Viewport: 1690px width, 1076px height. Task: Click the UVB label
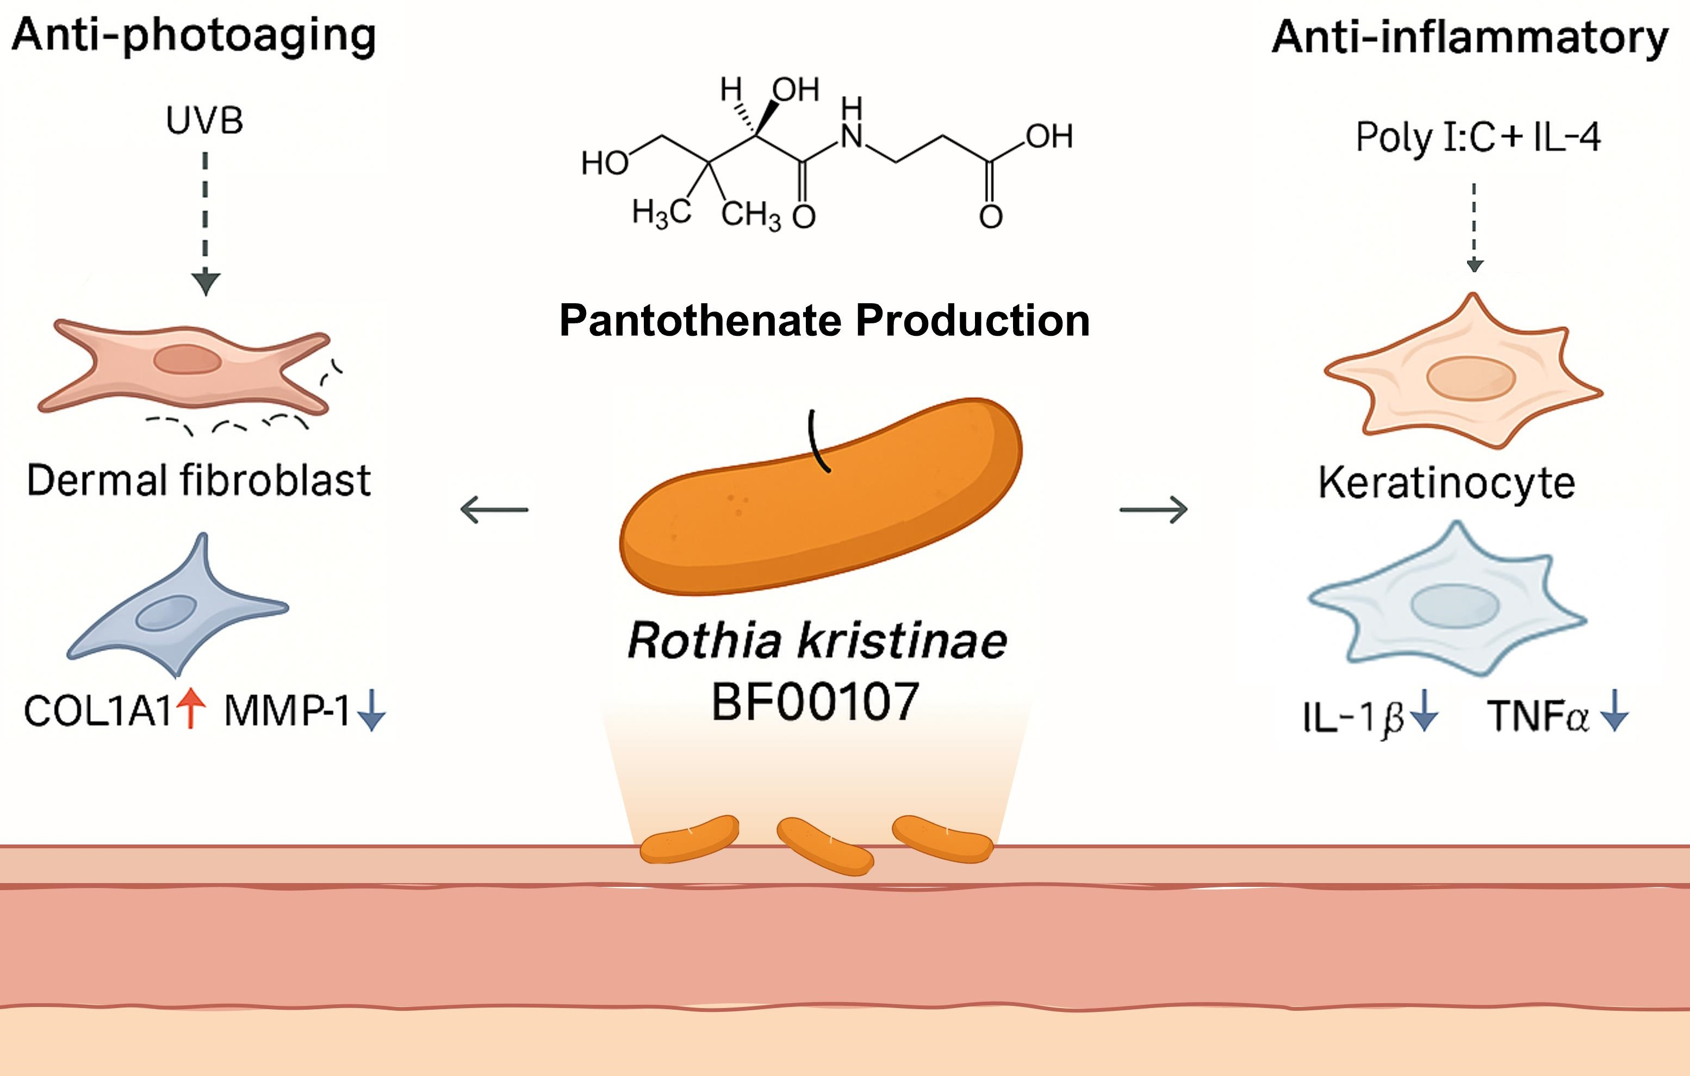click(204, 121)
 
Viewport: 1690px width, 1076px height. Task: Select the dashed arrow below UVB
click(205, 224)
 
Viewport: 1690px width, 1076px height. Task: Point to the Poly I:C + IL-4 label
click(1478, 137)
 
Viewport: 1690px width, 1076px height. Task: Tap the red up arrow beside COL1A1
click(191, 709)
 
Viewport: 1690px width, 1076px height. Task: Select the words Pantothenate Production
click(824, 321)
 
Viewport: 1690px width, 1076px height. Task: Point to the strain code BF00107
click(816, 702)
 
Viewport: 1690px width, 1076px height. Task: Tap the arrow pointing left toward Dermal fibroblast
click(494, 510)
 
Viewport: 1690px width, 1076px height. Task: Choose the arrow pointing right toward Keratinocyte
click(1153, 509)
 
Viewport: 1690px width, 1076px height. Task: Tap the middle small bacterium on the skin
click(825, 845)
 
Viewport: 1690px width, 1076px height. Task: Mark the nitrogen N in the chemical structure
click(852, 135)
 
